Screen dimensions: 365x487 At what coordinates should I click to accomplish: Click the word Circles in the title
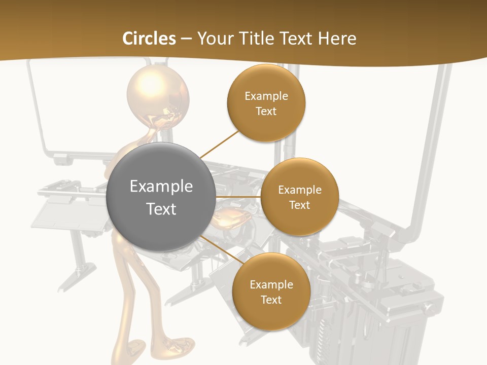[149, 39]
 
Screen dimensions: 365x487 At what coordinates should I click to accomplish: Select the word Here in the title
[337, 39]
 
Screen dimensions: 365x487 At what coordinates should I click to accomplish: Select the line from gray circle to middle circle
[238, 197]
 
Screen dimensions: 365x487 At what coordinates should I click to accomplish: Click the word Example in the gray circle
[161, 187]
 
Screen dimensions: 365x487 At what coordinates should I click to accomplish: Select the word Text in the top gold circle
[266, 111]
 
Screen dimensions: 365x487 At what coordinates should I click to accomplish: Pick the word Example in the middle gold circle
[300, 190]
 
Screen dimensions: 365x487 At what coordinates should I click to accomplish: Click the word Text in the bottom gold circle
[271, 300]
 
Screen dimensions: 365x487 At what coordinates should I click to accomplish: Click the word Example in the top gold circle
[266, 96]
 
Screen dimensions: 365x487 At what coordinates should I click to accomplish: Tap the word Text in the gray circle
[161, 209]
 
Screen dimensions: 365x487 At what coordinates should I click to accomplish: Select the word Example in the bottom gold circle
[271, 284]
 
